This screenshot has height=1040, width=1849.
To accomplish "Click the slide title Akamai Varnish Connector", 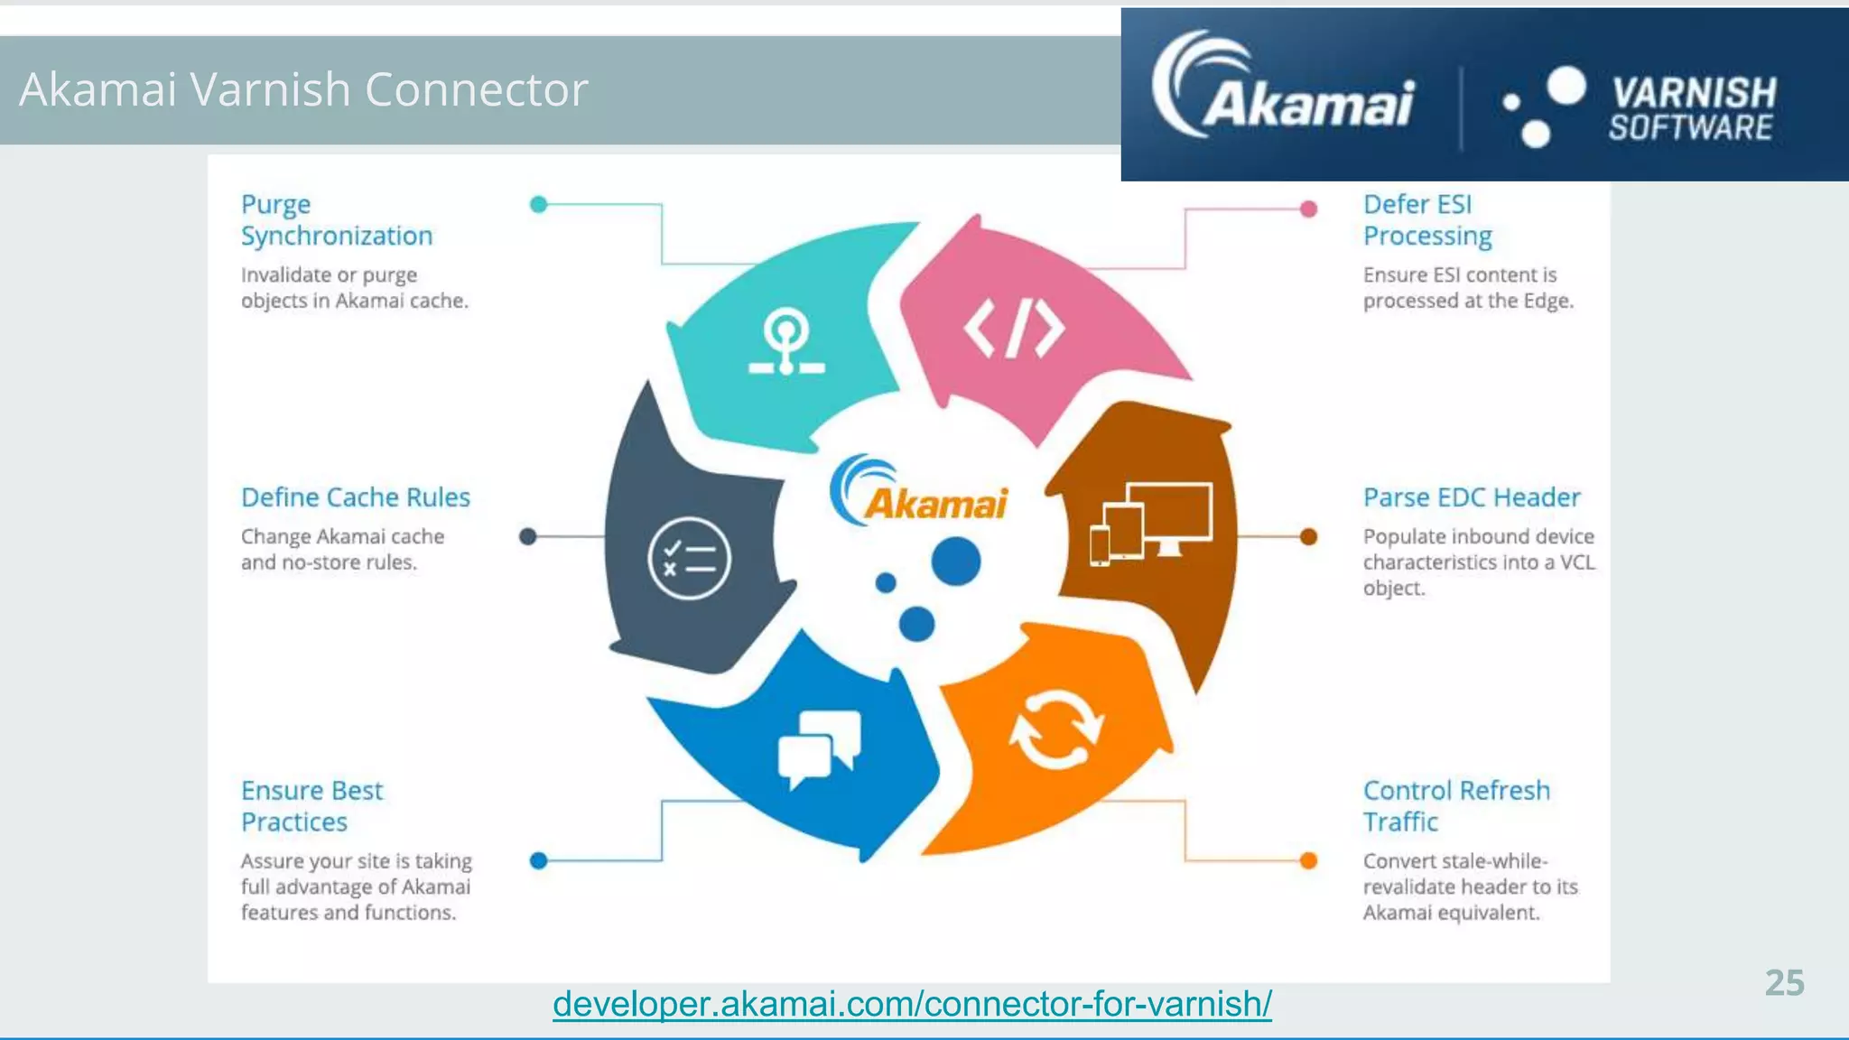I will (x=303, y=89).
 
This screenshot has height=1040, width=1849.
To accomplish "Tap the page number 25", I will (x=1784, y=983).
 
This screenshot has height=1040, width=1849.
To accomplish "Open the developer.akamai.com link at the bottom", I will (x=912, y=1004).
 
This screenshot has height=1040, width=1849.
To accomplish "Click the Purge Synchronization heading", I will (x=336, y=220).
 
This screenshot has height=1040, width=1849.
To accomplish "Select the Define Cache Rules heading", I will (x=355, y=497).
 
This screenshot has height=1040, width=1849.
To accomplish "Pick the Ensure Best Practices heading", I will (x=311, y=806).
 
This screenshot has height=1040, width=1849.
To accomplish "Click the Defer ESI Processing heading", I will (x=1426, y=220).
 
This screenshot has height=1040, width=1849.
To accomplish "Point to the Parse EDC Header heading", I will (x=1471, y=497).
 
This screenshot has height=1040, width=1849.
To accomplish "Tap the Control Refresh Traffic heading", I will (x=1455, y=806).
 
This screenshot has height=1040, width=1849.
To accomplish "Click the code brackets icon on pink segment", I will (x=1014, y=329).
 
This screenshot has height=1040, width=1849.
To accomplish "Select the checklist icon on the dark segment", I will (x=689, y=558).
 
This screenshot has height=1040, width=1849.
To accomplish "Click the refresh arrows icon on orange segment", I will (x=1055, y=729).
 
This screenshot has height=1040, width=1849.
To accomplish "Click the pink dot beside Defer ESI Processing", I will (x=1308, y=209).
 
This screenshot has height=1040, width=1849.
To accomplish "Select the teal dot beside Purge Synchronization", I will (x=539, y=205).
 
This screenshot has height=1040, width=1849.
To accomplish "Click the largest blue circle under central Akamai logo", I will (x=955, y=562).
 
